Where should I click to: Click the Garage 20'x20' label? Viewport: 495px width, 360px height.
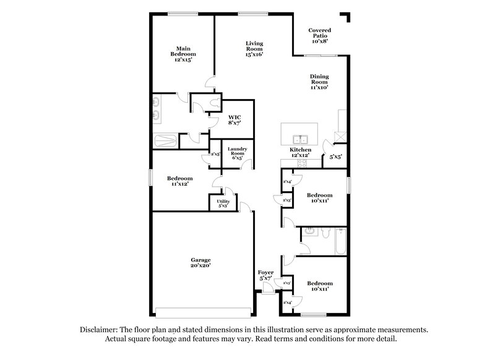click(200, 263)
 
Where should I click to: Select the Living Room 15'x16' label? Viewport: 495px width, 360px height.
click(254, 49)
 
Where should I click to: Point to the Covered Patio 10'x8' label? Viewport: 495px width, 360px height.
click(320, 35)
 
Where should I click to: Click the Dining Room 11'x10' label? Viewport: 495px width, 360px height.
click(319, 82)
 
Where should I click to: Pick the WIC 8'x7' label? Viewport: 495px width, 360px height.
click(235, 120)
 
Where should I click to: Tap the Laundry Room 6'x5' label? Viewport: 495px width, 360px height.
click(238, 153)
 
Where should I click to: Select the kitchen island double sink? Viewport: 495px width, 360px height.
click(300, 139)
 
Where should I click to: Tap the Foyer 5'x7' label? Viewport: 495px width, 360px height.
click(265, 275)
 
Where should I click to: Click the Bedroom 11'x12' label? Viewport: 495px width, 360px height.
click(176, 180)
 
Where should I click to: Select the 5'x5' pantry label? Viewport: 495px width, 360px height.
click(335, 157)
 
